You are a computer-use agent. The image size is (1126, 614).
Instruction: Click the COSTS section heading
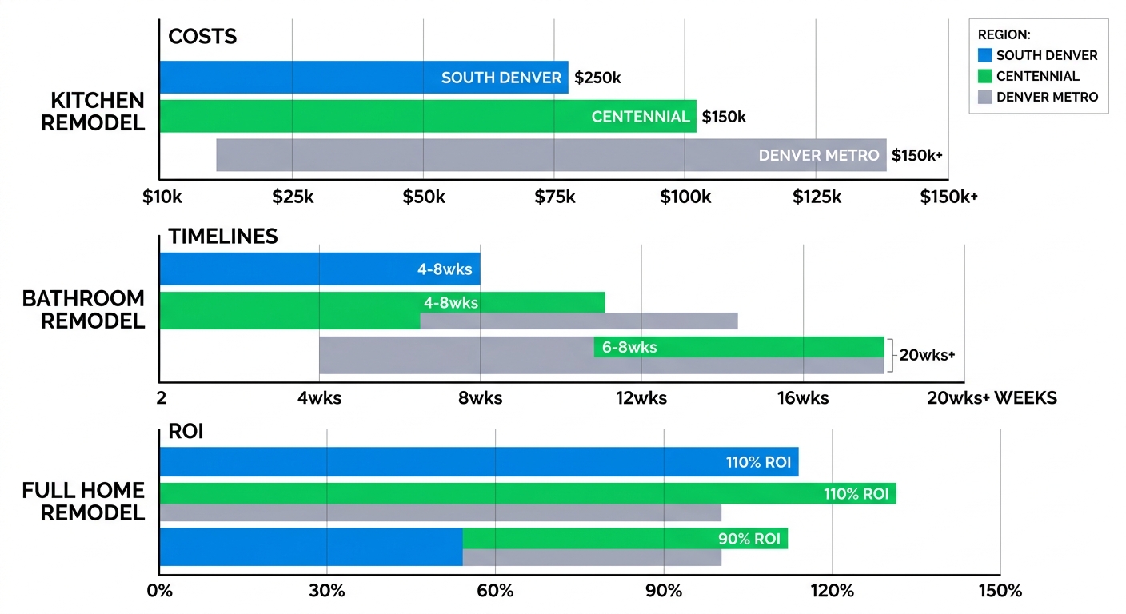pos(202,38)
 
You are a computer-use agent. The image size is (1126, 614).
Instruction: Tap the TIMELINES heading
pos(223,237)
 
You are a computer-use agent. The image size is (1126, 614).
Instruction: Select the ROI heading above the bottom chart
pos(186,433)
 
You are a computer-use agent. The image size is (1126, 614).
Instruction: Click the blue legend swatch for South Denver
pos(984,55)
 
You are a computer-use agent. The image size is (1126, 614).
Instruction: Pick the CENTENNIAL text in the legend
pos(1038,76)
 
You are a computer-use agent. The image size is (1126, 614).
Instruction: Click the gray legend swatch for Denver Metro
pos(984,97)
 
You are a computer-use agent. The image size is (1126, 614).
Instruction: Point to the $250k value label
pos(597,78)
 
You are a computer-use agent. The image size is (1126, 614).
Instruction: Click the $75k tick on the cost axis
pos(554,197)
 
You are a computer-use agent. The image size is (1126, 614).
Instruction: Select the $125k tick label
pos(817,197)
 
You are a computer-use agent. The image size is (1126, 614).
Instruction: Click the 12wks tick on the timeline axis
pos(641,397)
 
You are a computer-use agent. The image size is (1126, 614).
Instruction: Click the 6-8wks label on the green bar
pos(629,348)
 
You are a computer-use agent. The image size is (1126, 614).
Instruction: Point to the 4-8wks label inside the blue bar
pos(445,269)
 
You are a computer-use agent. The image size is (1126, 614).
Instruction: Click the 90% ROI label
pos(749,539)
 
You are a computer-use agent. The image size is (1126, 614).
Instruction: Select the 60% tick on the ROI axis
pos(495,592)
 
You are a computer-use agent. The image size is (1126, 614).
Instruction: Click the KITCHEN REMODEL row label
pos(98,112)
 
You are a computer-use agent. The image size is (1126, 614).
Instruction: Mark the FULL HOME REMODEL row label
pos(84,501)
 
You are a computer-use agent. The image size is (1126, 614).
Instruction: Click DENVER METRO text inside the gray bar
pos(819,155)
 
